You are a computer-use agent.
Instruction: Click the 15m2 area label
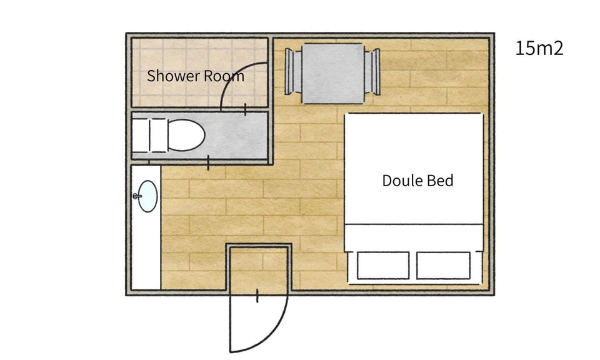[539, 49]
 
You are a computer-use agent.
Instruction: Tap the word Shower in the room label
[173, 76]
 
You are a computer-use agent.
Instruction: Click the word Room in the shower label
[224, 76]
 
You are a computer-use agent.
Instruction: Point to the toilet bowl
[186, 135]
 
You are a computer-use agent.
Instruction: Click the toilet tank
[149, 135]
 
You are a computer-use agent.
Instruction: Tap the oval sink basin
[147, 196]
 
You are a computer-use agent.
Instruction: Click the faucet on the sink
[137, 196]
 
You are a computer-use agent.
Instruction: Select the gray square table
[333, 74]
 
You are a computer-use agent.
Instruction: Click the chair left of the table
[294, 71]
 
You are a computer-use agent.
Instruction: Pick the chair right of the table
[372, 71]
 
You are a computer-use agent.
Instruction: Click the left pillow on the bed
[383, 266]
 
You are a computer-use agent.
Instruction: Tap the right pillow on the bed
[443, 266]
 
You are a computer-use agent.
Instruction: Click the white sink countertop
[146, 227]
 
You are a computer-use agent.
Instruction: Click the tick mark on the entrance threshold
[257, 296]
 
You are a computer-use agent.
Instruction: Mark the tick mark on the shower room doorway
[245, 109]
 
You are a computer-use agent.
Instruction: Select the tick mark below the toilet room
[208, 163]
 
